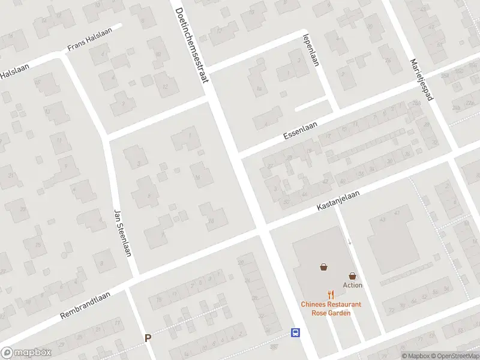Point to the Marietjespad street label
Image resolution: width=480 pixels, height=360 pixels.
point(421,82)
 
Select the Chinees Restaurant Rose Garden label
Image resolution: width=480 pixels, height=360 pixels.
point(331,308)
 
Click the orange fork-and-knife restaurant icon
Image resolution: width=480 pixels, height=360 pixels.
point(331,295)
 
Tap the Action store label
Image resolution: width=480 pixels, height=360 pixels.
point(353,285)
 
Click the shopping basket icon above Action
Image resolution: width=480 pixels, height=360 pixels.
point(353,275)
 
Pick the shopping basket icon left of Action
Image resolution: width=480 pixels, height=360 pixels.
point(324,267)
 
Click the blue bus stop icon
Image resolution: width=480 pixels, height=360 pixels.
point(295,332)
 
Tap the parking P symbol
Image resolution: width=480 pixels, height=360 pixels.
point(148,338)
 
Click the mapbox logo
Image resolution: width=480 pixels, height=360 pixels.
point(27,352)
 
